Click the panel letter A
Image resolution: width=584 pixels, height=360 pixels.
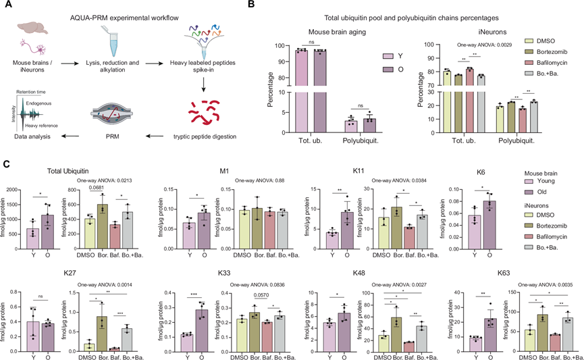pos(6,5)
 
